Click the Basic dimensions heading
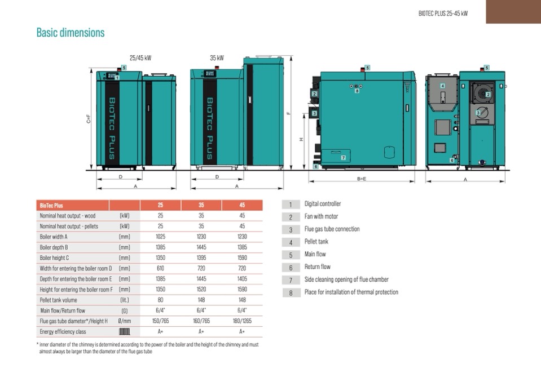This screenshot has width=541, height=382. (x=71, y=32)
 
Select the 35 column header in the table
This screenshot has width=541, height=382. (x=201, y=205)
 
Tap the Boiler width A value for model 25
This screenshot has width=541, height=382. (x=160, y=237)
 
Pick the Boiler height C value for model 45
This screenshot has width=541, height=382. (x=242, y=257)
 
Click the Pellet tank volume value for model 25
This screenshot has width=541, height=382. (x=160, y=300)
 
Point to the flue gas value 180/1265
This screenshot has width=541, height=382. (x=242, y=321)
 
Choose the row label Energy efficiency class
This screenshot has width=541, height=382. (x=63, y=332)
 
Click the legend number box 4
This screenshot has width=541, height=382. (x=291, y=242)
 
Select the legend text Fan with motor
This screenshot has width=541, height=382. (x=321, y=216)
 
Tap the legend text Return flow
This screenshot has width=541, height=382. (x=317, y=266)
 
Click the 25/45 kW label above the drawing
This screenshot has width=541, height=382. (x=140, y=58)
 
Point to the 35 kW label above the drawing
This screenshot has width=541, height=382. (x=217, y=58)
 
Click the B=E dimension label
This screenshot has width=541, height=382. (x=362, y=179)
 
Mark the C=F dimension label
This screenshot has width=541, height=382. (x=89, y=119)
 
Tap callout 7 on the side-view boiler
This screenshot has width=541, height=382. (x=344, y=158)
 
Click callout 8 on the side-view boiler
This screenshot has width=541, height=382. (x=357, y=91)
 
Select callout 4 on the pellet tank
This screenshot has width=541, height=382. (x=442, y=86)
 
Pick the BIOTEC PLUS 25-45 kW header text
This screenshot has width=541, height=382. (x=443, y=14)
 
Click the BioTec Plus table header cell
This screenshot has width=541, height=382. (x=51, y=205)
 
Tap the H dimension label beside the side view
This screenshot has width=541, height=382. (x=301, y=140)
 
